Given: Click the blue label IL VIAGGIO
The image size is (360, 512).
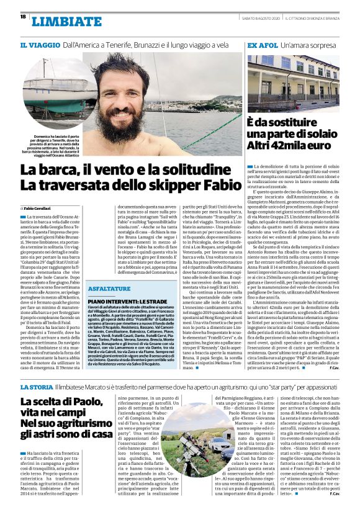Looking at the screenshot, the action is tap(40, 45).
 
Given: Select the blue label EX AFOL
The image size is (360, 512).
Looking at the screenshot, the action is tap(262, 45).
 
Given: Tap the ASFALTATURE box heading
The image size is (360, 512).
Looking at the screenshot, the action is tap(109, 289).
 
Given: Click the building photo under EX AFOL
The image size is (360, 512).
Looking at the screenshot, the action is tap(293, 81).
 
